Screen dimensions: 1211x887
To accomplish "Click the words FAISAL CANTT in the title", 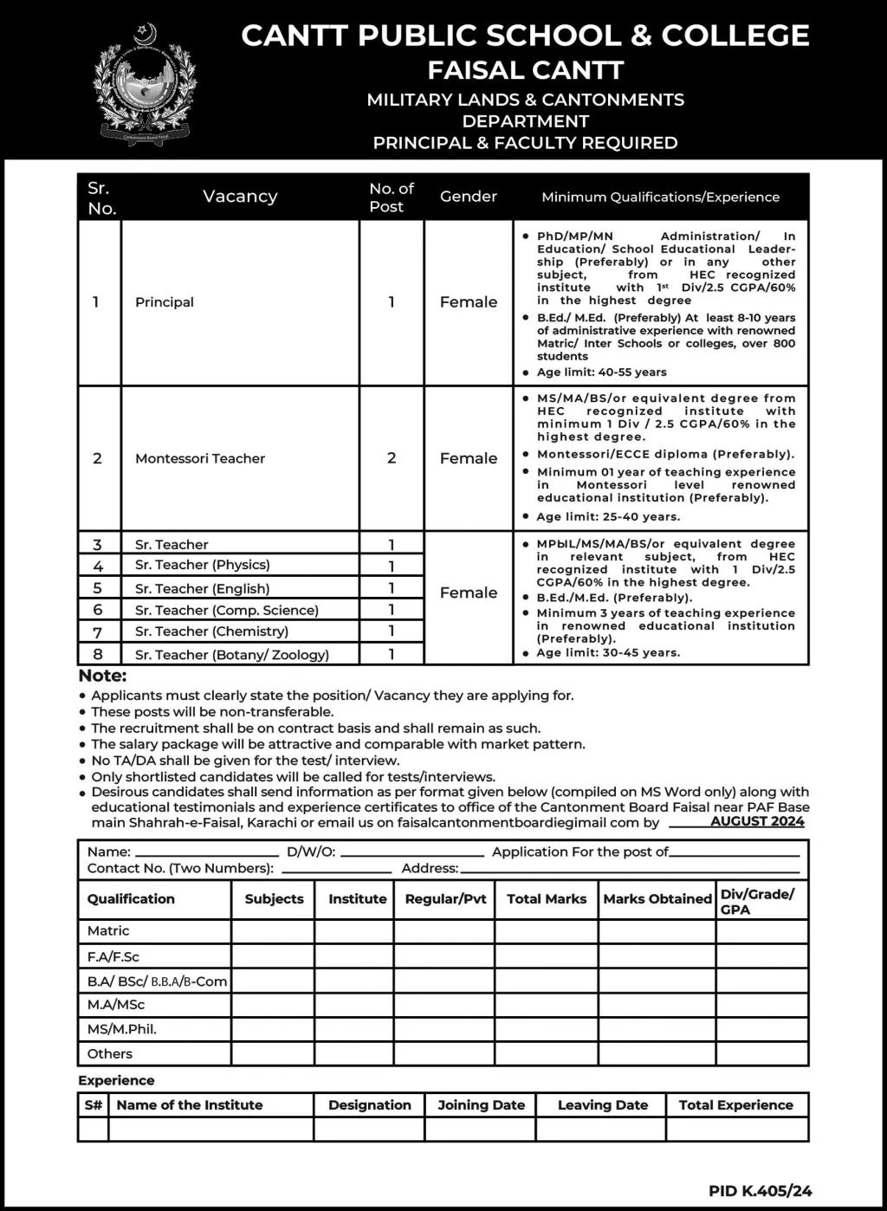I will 525,70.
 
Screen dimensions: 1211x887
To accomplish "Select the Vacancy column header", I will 240,197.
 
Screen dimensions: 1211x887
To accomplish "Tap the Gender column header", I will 468,197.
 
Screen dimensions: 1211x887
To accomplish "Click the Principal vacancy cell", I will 165,302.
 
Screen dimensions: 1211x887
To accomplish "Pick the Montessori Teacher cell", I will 200,458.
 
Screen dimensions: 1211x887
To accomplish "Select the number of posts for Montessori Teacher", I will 392,458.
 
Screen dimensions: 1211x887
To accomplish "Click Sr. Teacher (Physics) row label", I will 202,565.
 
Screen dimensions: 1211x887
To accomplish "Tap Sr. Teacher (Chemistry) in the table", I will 211,631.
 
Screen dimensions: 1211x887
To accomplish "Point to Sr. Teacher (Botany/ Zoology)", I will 231,655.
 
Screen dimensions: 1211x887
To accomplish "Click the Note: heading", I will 102,676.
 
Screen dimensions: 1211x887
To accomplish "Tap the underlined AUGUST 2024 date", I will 757,821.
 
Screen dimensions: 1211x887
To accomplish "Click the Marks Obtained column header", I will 657,899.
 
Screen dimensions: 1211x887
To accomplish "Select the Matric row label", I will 108,931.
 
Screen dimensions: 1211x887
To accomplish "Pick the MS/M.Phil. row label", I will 122,1029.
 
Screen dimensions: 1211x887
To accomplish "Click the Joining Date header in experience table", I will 481,1105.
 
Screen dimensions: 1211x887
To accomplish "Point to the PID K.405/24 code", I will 760,1191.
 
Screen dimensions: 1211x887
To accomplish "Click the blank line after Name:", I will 208,853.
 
